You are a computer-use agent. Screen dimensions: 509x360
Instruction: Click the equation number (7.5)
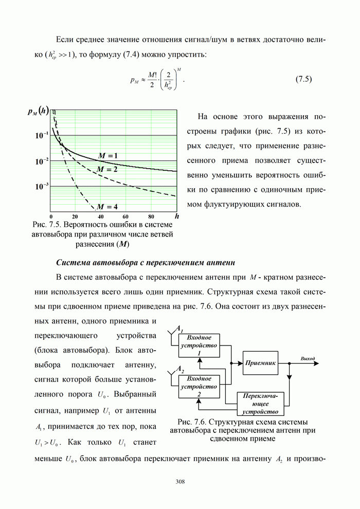(x=304, y=79)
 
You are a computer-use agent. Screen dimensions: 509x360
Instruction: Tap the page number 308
(x=180, y=482)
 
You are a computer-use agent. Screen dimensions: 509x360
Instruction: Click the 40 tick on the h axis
(x=100, y=216)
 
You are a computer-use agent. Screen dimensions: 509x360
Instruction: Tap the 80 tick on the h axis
(x=151, y=216)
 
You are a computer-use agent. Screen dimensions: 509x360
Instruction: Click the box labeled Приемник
(x=261, y=362)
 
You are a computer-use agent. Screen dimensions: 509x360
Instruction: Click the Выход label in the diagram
(x=308, y=358)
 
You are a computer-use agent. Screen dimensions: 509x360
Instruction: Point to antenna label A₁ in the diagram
(x=180, y=328)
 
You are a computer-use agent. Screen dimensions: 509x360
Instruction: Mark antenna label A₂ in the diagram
(x=180, y=369)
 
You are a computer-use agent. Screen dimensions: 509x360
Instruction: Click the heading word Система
(x=71, y=262)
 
